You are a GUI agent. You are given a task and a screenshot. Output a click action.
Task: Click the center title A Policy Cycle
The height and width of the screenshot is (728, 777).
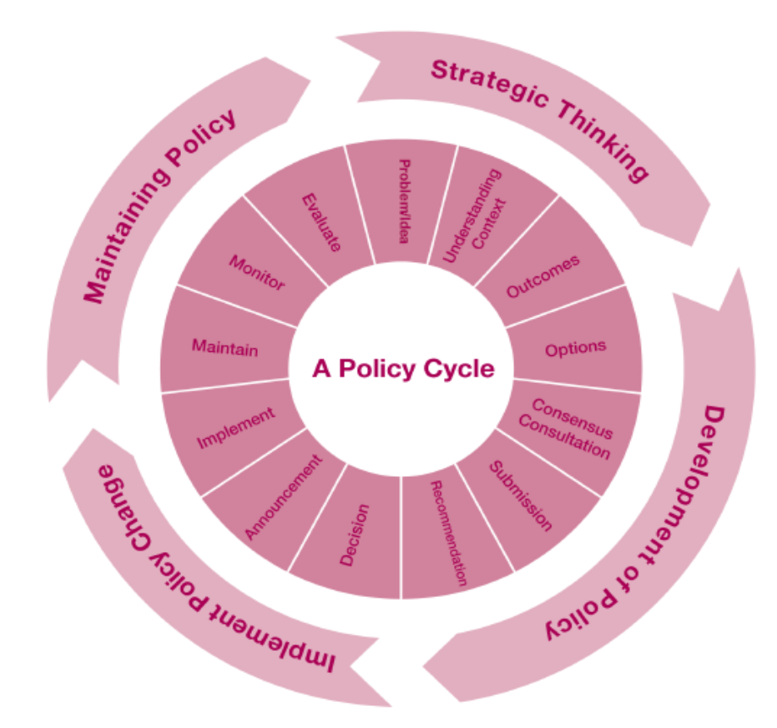[x=402, y=369]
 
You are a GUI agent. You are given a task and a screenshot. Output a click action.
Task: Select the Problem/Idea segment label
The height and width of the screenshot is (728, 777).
[x=404, y=200]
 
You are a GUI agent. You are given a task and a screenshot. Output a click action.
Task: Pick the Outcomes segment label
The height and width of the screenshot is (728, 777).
[x=543, y=276]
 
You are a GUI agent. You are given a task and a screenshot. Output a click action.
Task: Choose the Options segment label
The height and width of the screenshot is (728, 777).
[x=576, y=348]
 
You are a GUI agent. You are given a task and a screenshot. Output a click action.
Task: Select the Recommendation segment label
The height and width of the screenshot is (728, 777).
[x=448, y=532]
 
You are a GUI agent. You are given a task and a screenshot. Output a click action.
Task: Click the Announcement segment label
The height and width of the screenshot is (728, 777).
[x=283, y=496]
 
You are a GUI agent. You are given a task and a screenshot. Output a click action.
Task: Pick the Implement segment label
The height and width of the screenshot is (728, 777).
[x=236, y=428]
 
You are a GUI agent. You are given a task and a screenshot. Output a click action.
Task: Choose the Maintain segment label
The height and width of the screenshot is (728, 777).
[x=224, y=348]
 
